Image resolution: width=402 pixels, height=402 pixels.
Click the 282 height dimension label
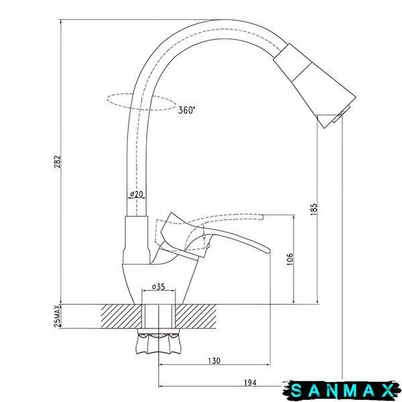57,161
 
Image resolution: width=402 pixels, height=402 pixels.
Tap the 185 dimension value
314,209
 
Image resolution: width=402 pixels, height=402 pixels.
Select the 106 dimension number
289,259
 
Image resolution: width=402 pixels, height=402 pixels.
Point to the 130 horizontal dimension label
214,360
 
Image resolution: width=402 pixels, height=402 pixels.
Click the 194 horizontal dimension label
250,383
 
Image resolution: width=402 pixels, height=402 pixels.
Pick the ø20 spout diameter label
136,194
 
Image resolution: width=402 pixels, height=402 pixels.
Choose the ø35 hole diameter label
158,287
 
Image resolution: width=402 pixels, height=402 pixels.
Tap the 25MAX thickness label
58,316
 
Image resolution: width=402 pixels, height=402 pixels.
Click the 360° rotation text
186,111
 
